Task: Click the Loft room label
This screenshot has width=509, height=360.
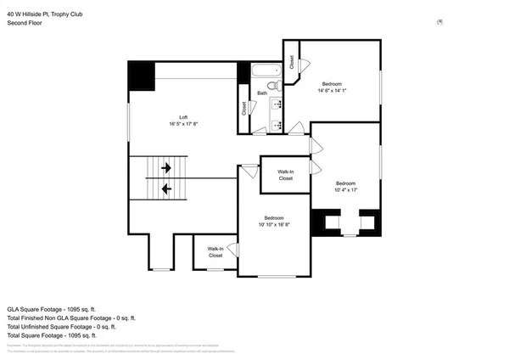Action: pyautogui.click(x=183, y=117)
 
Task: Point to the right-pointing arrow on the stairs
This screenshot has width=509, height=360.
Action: pyautogui.click(x=166, y=168)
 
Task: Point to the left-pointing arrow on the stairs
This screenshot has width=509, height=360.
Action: pyautogui.click(x=166, y=188)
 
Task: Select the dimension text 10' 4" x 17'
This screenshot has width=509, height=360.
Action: pyautogui.click(x=345, y=190)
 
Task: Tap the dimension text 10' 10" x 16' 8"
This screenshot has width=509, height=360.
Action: pyautogui.click(x=273, y=224)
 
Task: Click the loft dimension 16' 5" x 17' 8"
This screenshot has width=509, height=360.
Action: pyautogui.click(x=183, y=124)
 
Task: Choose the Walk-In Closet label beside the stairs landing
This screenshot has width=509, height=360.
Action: pyautogui.click(x=215, y=252)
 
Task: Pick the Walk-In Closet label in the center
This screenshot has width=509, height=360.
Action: pyautogui.click(x=285, y=175)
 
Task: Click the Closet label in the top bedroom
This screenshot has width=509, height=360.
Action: pyautogui.click(x=292, y=62)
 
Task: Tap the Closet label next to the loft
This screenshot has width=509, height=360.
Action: pyautogui.click(x=243, y=109)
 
